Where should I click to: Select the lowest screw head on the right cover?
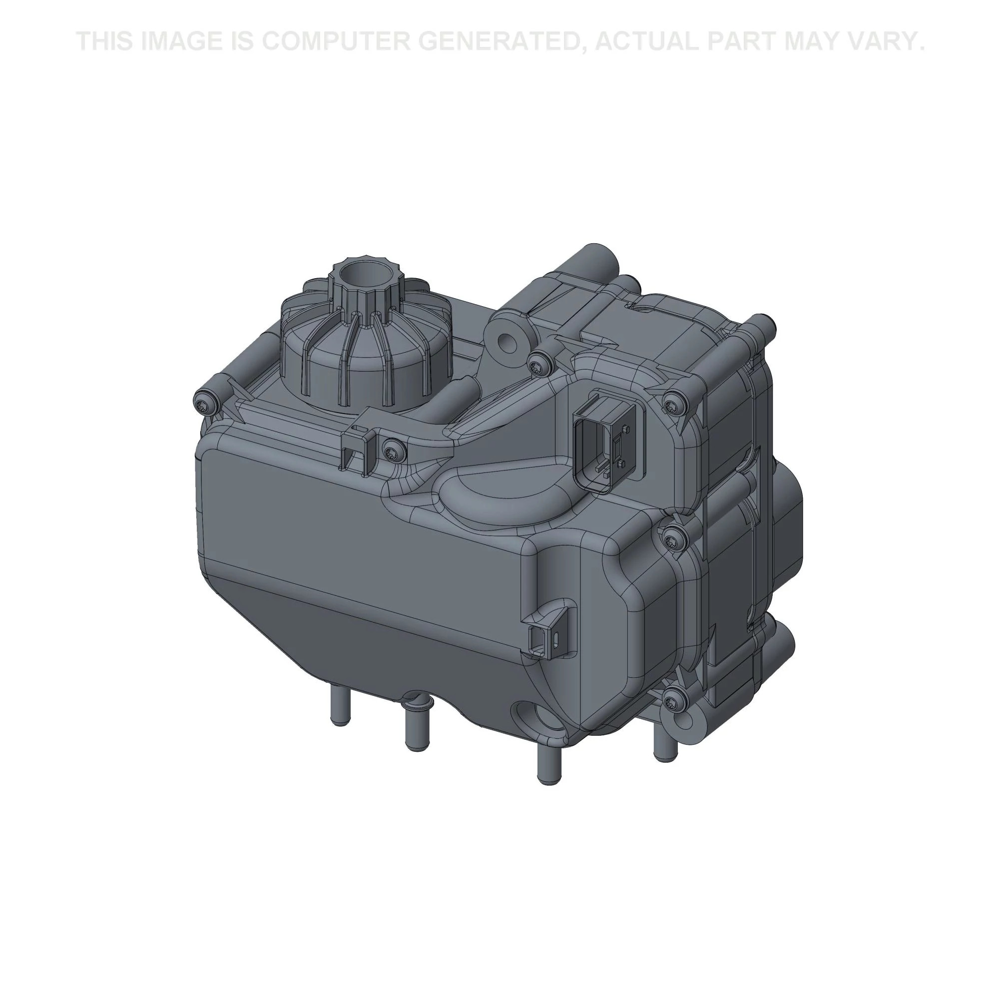[x=671, y=702]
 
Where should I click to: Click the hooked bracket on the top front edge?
[x=357, y=442]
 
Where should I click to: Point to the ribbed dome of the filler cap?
[x=362, y=352]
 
